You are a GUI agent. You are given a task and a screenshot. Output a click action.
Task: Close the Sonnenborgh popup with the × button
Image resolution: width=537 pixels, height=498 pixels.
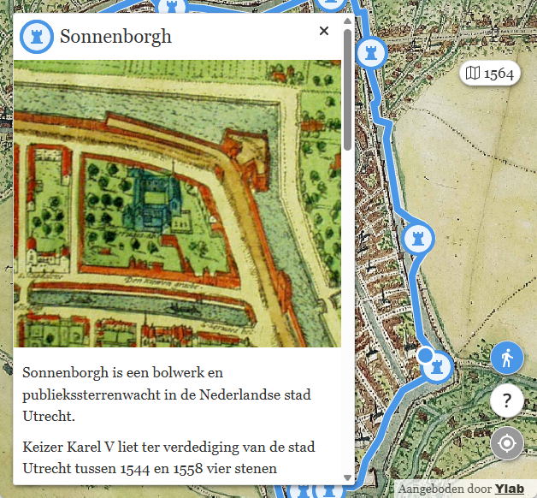[324, 32]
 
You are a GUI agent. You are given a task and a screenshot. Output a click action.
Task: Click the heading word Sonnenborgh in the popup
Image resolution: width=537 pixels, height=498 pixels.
[115, 36]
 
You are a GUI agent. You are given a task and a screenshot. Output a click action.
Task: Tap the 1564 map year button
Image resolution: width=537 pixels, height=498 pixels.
[490, 74]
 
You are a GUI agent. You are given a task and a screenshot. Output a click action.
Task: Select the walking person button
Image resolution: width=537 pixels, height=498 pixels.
[507, 358]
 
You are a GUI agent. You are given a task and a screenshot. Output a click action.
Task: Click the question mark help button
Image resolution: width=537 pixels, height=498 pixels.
[507, 400]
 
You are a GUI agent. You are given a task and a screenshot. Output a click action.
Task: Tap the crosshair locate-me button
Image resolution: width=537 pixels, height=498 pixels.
[507, 444]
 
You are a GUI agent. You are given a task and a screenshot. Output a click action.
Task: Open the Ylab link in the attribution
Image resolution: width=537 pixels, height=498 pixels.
[509, 489]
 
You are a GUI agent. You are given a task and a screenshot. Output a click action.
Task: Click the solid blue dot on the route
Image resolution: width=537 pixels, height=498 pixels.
[425, 354]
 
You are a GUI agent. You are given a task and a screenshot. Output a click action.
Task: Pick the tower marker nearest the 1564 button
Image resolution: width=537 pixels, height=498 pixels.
[371, 52]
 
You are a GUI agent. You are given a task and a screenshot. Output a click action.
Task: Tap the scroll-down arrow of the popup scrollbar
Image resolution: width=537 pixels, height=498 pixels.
[348, 477]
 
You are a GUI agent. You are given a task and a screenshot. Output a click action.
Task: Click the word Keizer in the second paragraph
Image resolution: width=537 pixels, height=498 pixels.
[44, 447]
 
